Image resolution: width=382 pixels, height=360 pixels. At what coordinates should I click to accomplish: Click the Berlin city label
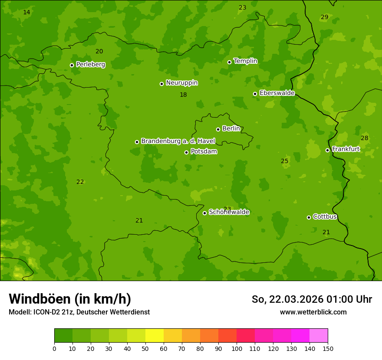point(231,129)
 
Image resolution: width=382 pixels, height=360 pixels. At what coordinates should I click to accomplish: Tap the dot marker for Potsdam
point(186,152)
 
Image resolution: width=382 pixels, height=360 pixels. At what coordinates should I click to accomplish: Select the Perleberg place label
point(90,65)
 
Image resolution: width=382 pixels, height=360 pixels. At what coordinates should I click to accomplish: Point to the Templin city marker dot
point(229,62)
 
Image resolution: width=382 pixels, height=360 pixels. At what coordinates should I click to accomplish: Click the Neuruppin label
point(181,83)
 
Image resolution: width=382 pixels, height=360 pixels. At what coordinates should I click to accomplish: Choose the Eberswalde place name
point(277,93)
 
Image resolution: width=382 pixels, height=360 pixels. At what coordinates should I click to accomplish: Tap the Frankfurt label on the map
point(346,149)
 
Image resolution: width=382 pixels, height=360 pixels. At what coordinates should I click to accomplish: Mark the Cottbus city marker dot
point(309,217)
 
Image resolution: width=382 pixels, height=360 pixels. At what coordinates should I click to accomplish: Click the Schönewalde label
point(229,212)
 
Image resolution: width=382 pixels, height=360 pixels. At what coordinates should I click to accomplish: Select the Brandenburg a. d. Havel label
point(178,141)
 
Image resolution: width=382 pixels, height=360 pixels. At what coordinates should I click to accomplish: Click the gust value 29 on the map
point(324,17)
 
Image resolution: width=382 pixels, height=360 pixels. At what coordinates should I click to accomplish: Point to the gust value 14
point(26,12)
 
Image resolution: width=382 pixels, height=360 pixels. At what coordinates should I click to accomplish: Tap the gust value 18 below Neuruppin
point(183,95)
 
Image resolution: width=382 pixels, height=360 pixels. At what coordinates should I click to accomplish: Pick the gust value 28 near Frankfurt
point(364,138)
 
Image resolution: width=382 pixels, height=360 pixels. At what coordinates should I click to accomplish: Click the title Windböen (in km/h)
point(70,299)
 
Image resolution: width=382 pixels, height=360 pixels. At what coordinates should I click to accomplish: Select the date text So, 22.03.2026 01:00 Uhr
point(312,299)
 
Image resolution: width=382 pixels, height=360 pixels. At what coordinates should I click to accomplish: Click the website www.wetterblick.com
point(313,312)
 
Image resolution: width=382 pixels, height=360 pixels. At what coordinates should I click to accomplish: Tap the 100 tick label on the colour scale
point(237,348)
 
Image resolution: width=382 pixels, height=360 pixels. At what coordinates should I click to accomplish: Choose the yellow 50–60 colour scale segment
point(155,336)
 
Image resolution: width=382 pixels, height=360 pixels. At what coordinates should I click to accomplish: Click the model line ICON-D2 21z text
point(79,312)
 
